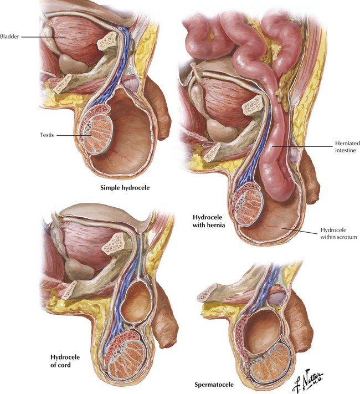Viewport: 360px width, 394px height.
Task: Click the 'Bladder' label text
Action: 11,37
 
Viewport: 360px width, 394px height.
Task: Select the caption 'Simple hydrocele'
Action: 125,188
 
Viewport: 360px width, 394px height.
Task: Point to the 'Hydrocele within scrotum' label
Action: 337,233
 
